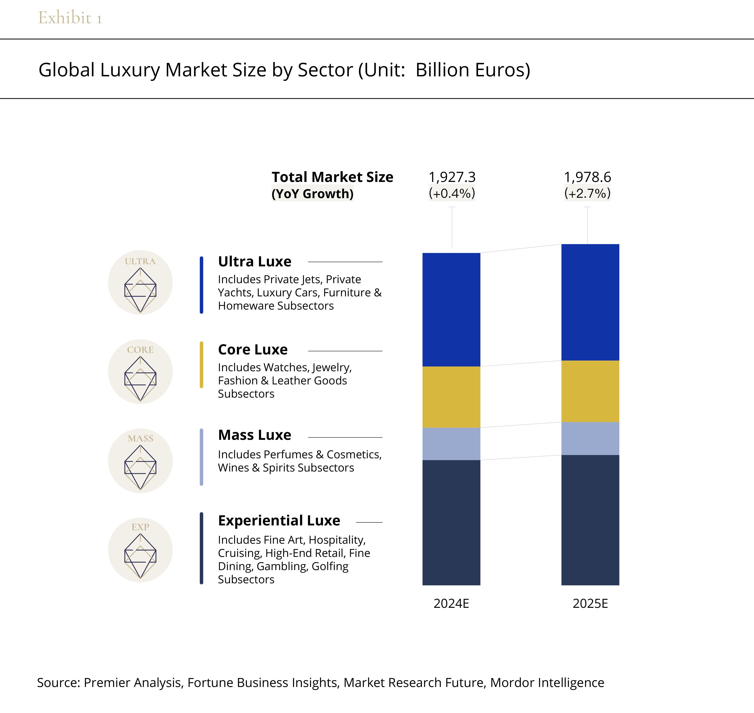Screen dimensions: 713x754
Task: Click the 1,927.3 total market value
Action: [452, 177]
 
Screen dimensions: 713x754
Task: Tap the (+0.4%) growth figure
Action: [452, 193]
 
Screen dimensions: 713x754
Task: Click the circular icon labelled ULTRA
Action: [140, 282]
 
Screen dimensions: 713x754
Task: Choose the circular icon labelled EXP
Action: [140, 550]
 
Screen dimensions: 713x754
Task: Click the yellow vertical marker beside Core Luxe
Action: [202, 365]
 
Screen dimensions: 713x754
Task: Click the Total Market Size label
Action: [332, 177]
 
